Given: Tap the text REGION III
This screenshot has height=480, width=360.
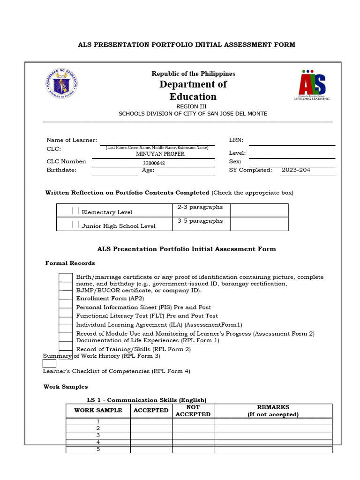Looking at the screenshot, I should [193, 106].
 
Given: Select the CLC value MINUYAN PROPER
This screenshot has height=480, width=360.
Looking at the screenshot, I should [160, 154].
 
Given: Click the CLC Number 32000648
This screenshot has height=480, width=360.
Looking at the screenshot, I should [154, 163].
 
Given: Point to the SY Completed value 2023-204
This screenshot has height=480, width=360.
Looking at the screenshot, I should [296, 170].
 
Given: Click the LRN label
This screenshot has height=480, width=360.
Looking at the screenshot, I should [236, 140].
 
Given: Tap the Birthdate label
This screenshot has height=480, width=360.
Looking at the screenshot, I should [61, 170].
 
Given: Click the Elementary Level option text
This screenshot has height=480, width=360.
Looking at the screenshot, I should [107, 212].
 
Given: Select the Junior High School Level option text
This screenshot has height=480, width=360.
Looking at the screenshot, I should [118, 226].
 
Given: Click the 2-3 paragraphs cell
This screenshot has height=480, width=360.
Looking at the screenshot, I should [200, 207].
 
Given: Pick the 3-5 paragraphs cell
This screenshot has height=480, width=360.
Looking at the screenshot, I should [200, 221].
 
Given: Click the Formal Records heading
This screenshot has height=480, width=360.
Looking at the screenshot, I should [70, 263].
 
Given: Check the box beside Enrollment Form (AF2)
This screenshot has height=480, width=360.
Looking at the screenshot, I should [66, 298].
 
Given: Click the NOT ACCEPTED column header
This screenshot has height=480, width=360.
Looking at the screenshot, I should [193, 411].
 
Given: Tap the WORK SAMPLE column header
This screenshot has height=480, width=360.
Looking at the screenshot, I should [98, 410].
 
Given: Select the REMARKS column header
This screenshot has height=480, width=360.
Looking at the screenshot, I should [273, 411].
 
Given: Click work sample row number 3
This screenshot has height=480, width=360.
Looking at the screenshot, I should [98, 435].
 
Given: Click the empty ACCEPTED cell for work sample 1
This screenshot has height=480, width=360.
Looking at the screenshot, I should [151, 421].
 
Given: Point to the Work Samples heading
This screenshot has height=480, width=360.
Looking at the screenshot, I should [66, 387].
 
